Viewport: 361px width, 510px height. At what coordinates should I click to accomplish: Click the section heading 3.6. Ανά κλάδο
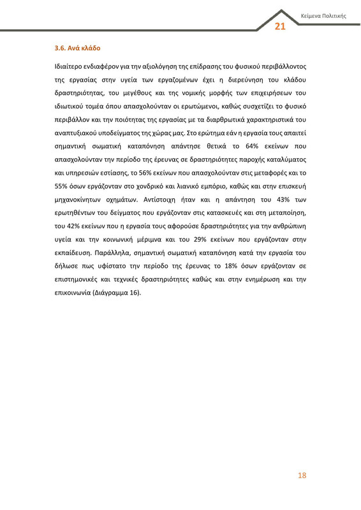(x=78, y=48)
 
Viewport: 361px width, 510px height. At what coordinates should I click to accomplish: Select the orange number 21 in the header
(x=279, y=26)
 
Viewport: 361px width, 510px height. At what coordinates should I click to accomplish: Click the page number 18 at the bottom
(x=303, y=476)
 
